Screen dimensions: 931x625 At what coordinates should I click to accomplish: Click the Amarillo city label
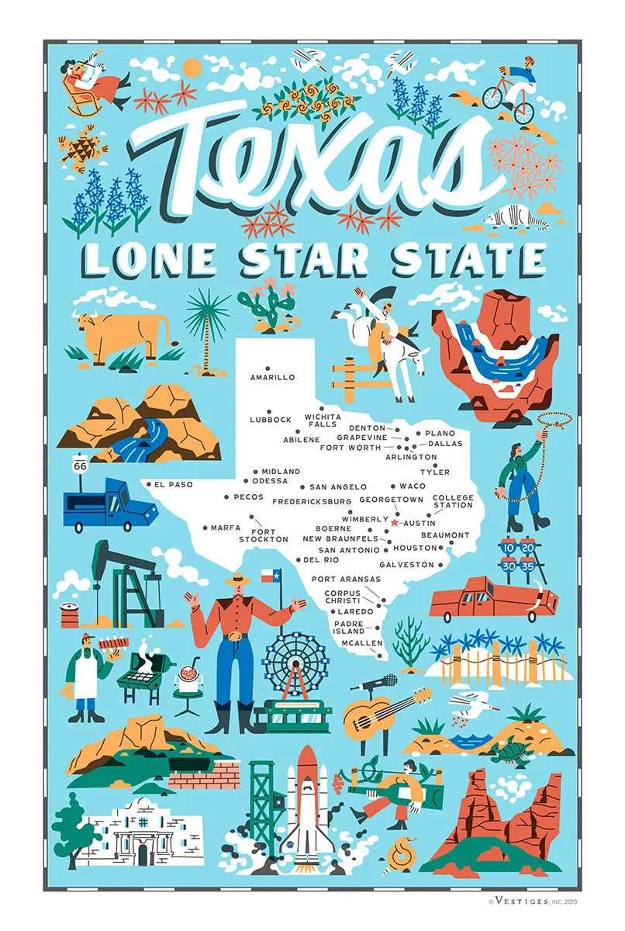[272, 378]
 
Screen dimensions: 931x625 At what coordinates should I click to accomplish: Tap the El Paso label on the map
[173, 485]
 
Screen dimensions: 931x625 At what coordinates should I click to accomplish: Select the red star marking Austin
[395, 524]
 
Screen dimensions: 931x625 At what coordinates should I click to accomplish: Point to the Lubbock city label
[271, 420]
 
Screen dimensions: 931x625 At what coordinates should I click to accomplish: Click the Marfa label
[226, 528]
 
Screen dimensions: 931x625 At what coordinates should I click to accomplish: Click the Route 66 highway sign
[80, 465]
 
